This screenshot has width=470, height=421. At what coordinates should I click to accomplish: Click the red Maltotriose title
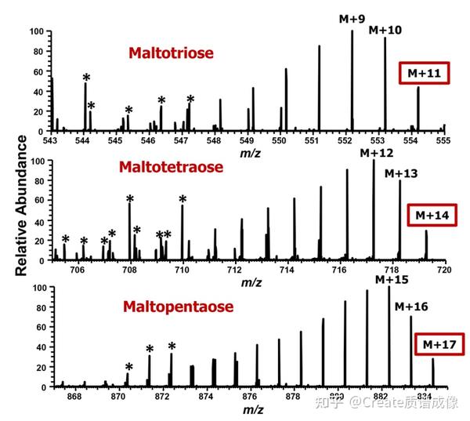click(x=172, y=53)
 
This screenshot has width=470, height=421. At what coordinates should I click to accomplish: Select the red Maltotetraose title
click(x=172, y=167)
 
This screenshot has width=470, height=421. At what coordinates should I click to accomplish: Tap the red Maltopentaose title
click(x=178, y=307)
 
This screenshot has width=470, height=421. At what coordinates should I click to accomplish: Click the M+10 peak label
click(x=385, y=30)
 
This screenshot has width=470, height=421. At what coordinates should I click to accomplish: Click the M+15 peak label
click(x=391, y=279)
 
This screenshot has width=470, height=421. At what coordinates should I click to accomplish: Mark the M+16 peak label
click(x=411, y=306)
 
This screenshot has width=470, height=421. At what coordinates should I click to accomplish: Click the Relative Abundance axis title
click(x=23, y=205)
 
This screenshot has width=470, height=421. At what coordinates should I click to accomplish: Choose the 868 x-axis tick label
click(x=74, y=397)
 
